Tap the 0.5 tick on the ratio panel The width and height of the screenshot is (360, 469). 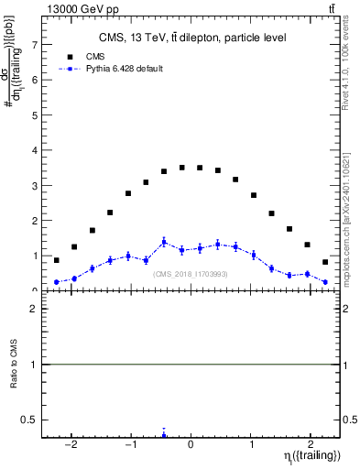[32, 420]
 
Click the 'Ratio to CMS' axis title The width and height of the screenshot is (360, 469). [14, 365]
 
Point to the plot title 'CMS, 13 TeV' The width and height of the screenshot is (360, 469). [192, 38]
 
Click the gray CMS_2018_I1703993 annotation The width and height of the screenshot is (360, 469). [191, 274]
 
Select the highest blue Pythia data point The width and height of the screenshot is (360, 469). [164, 242]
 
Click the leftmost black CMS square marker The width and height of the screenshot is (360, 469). [56, 260]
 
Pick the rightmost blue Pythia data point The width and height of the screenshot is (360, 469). [325, 282]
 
